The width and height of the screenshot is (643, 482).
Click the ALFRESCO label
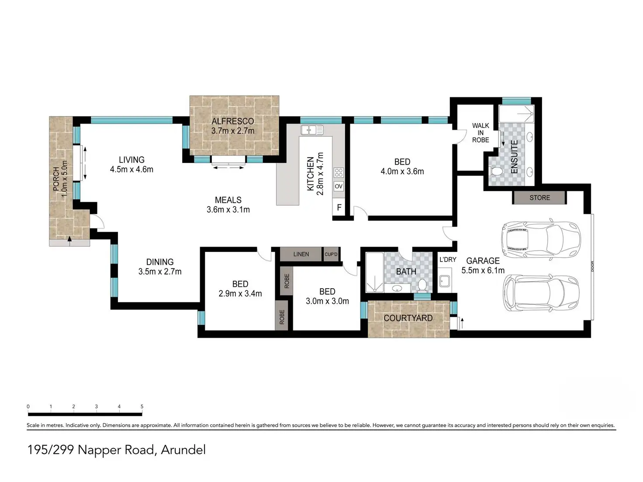click(232, 121)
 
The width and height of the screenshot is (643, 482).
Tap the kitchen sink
click(312, 130)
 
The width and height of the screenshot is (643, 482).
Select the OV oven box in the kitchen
click(339, 186)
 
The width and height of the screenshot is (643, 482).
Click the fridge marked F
click(339, 207)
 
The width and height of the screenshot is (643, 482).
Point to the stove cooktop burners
click(339, 172)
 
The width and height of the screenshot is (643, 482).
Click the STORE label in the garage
click(539, 198)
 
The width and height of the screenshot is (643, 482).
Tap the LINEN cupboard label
click(301, 254)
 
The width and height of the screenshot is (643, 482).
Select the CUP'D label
click(331, 254)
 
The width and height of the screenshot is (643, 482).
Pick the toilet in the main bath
click(422, 286)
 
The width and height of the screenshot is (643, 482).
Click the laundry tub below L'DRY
click(445, 281)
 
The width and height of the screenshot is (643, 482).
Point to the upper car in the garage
click(541, 239)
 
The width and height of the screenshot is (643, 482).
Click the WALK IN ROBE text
click(481, 133)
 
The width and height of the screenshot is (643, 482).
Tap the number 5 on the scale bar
click(142, 406)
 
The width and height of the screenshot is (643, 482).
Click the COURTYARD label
click(408, 318)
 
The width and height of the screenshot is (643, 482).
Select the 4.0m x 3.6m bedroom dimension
click(402, 172)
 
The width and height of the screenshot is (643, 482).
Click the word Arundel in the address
click(183, 450)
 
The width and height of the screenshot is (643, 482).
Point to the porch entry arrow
click(69, 238)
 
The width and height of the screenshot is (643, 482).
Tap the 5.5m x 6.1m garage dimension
click(483, 270)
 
